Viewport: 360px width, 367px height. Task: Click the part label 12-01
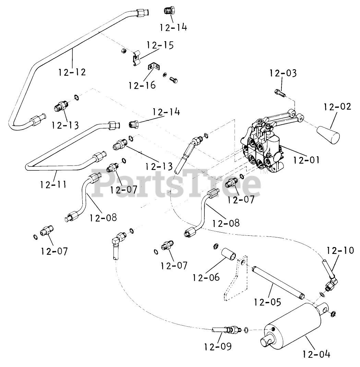tap(306, 159)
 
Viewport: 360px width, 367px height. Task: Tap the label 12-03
tap(283, 73)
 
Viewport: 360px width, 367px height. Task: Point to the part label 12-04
tap(317, 354)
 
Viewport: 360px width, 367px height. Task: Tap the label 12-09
tap(218, 347)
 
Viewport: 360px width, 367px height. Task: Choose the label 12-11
tap(53, 184)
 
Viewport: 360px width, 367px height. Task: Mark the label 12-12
tap(72, 72)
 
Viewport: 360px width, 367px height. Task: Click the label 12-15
tap(160, 45)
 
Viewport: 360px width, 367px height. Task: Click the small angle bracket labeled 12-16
tap(154, 66)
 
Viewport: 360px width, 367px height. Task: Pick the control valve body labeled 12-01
tap(262, 147)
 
